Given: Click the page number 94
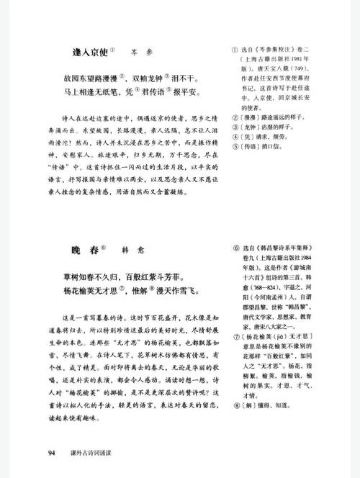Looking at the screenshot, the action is tap(52, 452).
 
